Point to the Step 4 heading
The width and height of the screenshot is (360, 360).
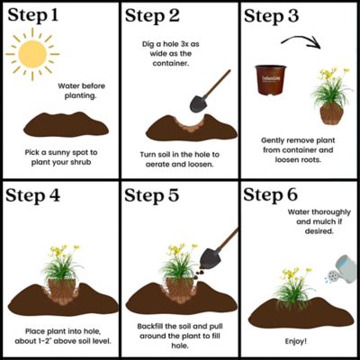pos(40,195)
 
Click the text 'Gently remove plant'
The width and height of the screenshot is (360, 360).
pos(300,141)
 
